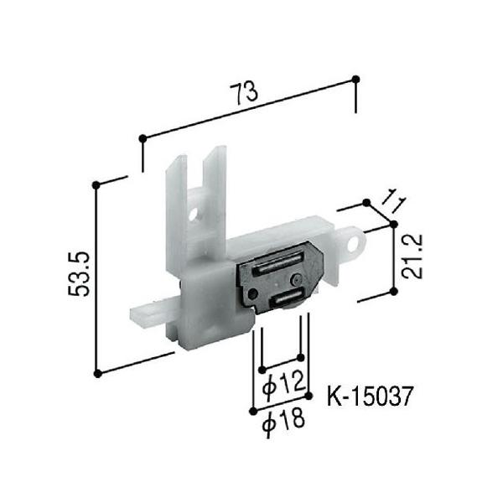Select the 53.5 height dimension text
point(79,273)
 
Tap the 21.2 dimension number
point(412,257)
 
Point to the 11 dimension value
point(394,200)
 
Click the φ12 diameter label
point(283,384)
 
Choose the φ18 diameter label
point(283,423)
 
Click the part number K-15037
point(369,397)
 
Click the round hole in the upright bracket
point(193,215)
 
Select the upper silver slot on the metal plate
point(277,263)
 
